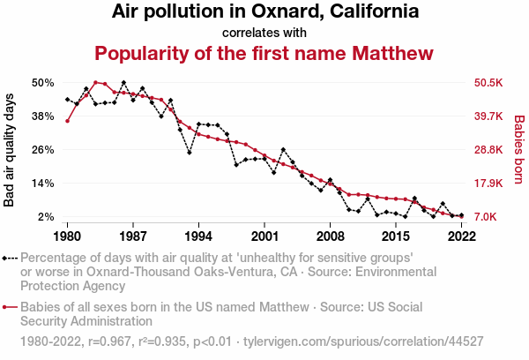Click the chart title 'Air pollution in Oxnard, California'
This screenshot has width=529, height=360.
(x=264, y=12)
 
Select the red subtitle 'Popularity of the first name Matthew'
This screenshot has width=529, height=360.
(x=264, y=53)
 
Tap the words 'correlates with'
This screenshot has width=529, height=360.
(x=264, y=33)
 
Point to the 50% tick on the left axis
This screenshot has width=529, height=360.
(x=43, y=83)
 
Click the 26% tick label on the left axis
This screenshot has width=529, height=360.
(x=43, y=150)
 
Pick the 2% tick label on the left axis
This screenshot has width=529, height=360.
(x=47, y=217)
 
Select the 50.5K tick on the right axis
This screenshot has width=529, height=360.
(x=488, y=83)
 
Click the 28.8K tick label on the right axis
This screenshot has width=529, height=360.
(x=488, y=150)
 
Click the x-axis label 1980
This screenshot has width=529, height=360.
(x=67, y=236)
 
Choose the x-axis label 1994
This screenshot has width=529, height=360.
(x=198, y=236)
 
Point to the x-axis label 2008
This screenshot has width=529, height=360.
(x=330, y=236)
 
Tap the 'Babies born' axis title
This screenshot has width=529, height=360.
(x=518, y=150)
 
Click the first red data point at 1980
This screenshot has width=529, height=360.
(x=67, y=121)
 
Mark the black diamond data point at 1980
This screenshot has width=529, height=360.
(x=67, y=100)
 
